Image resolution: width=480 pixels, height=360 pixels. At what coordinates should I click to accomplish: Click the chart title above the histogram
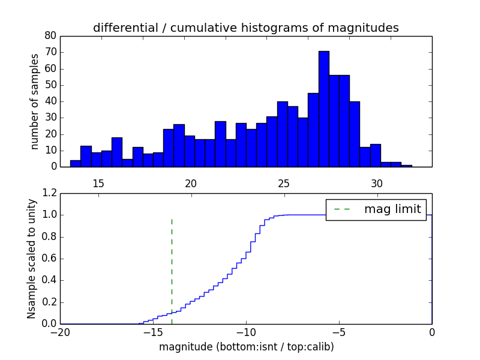coord(245,28)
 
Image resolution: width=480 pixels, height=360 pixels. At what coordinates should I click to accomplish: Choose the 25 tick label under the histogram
coord(284,182)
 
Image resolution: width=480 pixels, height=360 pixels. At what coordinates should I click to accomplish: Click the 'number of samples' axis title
coord(35,101)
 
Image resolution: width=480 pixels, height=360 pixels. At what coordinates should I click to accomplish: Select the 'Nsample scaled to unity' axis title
coord(31,259)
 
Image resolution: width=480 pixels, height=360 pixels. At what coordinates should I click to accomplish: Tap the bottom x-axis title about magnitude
coord(246,347)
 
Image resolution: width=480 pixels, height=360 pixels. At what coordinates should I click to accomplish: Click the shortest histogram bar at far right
coord(407,166)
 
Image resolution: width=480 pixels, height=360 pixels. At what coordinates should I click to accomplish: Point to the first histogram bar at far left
coord(75,163)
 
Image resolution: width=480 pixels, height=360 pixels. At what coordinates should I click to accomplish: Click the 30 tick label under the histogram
coord(376,182)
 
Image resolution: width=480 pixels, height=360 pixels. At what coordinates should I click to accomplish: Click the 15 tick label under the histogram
coord(98,182)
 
